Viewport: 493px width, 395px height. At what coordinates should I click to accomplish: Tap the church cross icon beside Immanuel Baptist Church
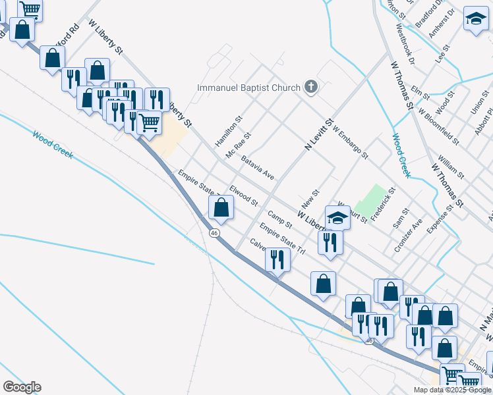pyautogui.click(x=311, y=88)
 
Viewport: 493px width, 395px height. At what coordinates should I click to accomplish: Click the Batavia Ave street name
pyautogui.click(x=258, y=167)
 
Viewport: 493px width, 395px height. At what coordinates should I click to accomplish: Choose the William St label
pyautogui.click(x=451, y=168)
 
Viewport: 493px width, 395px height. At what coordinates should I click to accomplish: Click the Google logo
pyautogui.click(x=22, y=387)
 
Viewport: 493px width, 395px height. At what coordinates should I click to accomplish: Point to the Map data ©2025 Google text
pyautogui.click(x=452, y=390)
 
